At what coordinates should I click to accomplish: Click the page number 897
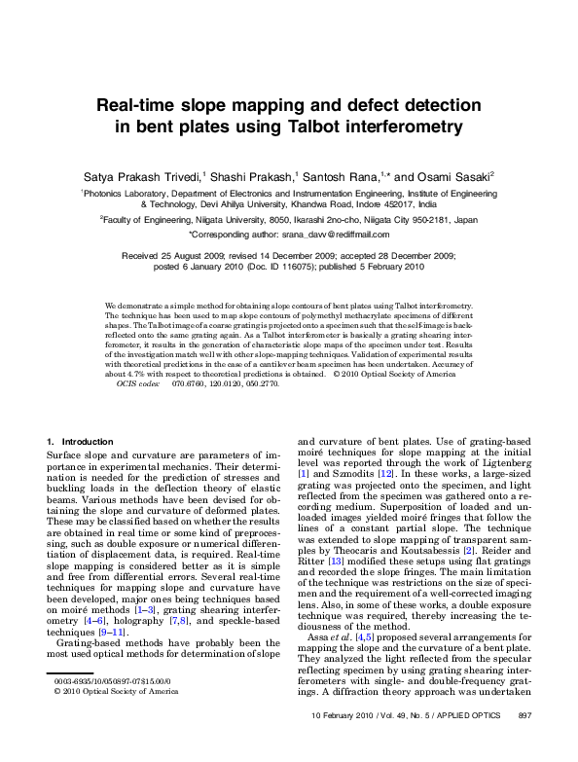click(x=524, y=743)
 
